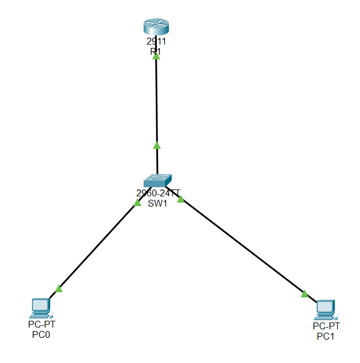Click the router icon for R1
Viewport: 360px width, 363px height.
[156, 27]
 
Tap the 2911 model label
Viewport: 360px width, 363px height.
[156, 42]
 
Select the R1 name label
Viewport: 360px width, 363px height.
[156, 51]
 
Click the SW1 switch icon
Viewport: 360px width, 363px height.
[157, 180]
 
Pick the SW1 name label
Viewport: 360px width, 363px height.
[157, 203]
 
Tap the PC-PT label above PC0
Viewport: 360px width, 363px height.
[42, 324]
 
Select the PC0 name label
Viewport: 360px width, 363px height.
[41, 334]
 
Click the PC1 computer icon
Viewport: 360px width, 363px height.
[326, 309]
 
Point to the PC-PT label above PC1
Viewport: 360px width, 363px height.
[326, 326]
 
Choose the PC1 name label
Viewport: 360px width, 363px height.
[326, 336]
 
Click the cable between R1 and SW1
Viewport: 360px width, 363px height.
[156, 103]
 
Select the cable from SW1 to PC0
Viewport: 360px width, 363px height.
[97, 245]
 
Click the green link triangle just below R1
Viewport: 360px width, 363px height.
[156, 56]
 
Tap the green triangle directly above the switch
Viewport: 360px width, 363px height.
[157, 146]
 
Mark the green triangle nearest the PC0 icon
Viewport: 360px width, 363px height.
[58, 289]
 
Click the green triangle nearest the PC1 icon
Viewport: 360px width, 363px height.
[305, 294]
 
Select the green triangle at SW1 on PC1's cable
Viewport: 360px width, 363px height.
[181, 199]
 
